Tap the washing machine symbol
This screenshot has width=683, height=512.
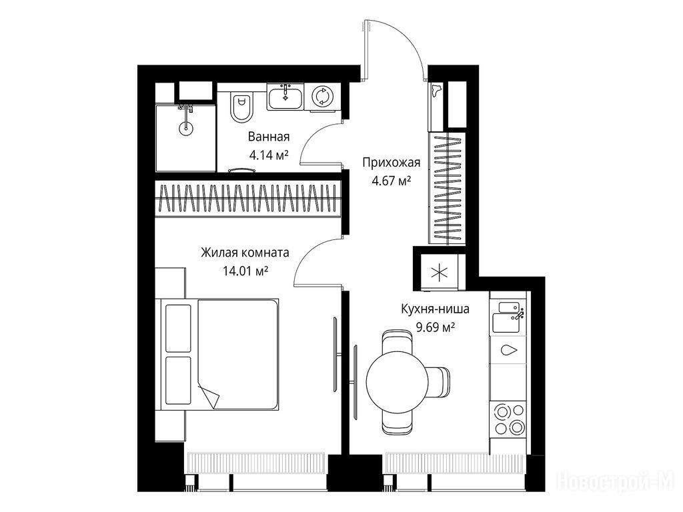pyautogui.click(x=323, y=96)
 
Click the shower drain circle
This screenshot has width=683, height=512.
pyautogui.click(x=185, y=127)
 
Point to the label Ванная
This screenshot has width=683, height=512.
pyautogui.click(x=269, y=137)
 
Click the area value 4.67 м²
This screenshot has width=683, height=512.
pyautogui.click(x=392, y=180)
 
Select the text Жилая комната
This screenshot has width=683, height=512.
pyautogui.click(x=245, y=253)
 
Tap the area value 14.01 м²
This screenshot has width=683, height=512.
pyautogui.click(x=245, y=271)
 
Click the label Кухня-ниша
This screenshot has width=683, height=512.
pyautogui.click(x=435, y=309)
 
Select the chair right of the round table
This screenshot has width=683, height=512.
pyautogui.click(x=438, y=382)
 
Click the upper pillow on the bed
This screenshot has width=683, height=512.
pyautogui.click(x=178, y=328)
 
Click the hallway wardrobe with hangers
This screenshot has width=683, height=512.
pyautogui.click(x=448, y=189)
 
